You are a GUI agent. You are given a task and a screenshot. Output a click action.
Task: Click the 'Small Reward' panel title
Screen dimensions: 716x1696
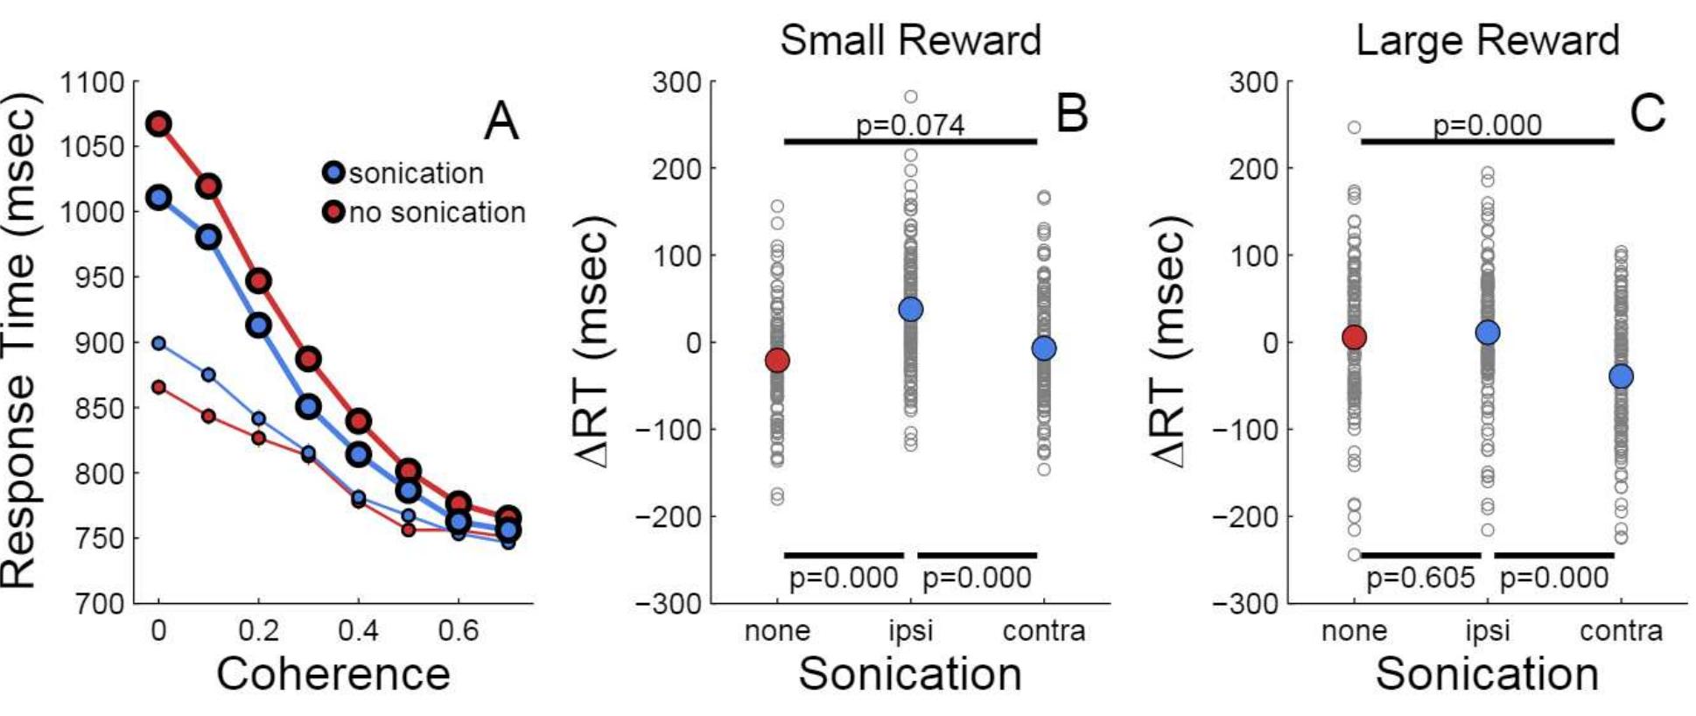tap(910, 40)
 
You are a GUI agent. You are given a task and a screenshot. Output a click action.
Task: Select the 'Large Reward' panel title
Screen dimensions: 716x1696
tap(1487, 40)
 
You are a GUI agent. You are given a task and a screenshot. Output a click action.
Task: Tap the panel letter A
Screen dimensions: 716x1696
tap(501, 121)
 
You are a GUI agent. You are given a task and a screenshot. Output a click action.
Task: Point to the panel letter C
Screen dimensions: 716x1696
tap(1648, 114)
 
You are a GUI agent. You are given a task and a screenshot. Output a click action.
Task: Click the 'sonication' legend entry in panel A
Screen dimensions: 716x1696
tap(404, 172)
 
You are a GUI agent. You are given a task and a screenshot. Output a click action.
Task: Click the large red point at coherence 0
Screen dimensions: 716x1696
tap(158, 123)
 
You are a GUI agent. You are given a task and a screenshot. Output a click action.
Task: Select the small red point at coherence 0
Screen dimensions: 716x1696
tap(158, 387)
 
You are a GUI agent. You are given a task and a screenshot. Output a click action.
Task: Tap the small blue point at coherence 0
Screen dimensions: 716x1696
tap(158, 343)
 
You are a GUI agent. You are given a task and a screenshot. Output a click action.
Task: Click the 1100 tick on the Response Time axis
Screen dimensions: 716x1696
tap(92, 83)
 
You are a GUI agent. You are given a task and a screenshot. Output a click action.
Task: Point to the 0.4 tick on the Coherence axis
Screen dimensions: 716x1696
tap(358, 630)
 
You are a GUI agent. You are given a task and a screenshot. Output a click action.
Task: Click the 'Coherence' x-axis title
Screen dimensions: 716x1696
tap(333, 674)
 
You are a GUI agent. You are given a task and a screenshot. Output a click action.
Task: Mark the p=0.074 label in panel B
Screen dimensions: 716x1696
tap(910, 125)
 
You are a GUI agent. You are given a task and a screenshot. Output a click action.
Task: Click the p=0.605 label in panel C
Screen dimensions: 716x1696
tap(1420, 578)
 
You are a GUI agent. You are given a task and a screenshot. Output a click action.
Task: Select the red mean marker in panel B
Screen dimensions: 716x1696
tap(777, 360)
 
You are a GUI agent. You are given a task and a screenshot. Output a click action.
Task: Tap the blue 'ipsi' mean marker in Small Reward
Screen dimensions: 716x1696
tap(911, 309)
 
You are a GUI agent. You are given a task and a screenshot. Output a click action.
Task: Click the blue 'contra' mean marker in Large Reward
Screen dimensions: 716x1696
tap(1621, 376)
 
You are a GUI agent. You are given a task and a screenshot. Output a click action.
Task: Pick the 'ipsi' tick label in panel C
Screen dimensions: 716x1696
tap(1487, 630)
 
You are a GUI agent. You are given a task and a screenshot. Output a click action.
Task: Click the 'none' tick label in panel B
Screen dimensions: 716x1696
tap(777, 630)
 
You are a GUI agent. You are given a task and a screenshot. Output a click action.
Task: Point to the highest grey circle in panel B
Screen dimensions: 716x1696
tap(911, 96)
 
